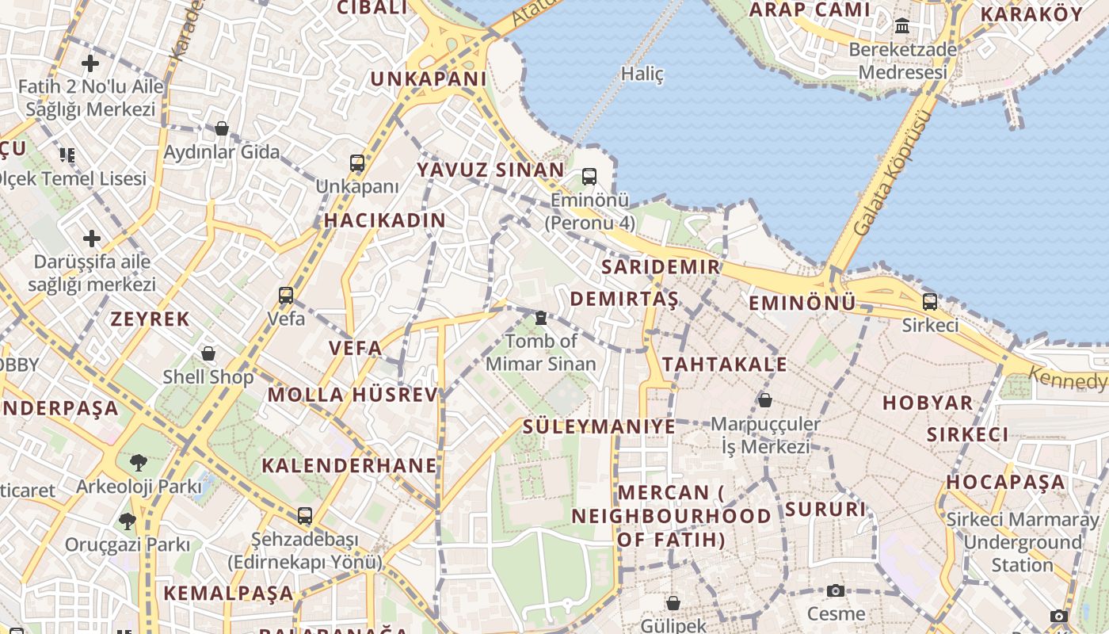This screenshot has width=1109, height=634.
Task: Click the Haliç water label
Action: click(642, 74)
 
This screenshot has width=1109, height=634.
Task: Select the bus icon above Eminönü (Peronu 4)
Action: click(589, 176)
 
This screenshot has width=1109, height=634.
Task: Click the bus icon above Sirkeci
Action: click(930, 301)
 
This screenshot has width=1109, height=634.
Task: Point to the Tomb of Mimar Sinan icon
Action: click(541, 318)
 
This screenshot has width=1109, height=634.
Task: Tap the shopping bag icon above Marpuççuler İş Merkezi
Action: click(765, 400)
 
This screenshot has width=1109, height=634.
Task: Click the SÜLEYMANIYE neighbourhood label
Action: click(599, 426)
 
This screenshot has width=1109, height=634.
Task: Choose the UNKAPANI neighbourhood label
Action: click(429, 78)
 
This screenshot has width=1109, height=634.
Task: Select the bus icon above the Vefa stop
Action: click(286, 296)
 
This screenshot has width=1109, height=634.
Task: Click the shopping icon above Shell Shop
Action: click(208, 353)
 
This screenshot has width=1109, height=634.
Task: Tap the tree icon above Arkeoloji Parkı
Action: click(139, 461)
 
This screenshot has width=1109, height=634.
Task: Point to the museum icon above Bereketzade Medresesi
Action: click(902, 26)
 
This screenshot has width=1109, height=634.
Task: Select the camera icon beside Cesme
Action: click(835, 590)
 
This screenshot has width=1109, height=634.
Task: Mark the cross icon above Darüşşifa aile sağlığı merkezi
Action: click(92, 238)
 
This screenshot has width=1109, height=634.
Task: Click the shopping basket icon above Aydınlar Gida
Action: click(222, 128)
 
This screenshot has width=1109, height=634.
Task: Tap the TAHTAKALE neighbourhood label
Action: click(725, 365)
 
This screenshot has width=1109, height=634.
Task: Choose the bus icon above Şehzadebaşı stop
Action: click(305, 516)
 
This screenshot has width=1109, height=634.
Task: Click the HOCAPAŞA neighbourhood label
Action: click(1006, 482)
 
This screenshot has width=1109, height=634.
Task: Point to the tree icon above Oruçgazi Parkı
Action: click(127, 521)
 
